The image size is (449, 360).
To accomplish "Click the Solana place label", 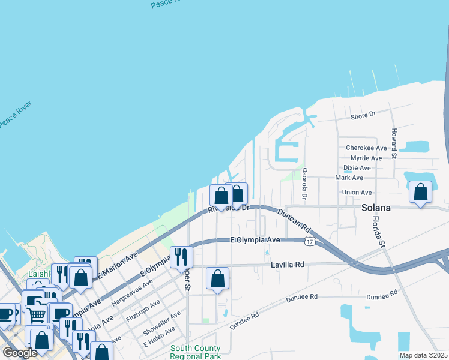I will (376, 208).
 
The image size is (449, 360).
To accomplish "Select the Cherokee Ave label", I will (366, 148).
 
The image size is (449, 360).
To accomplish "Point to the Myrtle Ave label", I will (366, 158).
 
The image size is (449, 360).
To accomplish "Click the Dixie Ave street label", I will (357, 168).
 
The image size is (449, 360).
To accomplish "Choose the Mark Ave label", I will (349, 178).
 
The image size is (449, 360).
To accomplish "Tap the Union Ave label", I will (357, 193).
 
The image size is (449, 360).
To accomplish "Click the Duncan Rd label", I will (293, 220).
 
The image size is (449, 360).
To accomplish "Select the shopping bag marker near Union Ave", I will (421, 193).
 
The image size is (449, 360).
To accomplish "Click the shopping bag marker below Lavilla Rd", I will (217, 278).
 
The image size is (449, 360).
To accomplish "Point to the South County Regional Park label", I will (195, 352).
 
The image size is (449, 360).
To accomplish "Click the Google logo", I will (20, 353).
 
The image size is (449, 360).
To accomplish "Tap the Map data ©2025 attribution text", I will (423, 355).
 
